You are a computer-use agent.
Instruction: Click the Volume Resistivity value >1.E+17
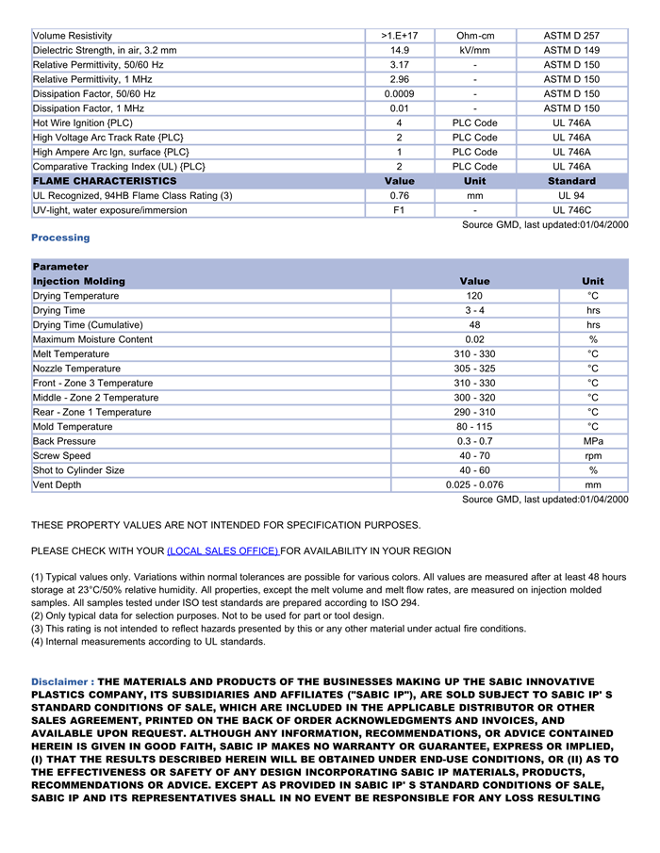(399, 36)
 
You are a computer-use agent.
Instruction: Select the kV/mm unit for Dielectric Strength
(474, 50)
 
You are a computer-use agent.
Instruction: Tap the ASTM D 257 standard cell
(570, 36)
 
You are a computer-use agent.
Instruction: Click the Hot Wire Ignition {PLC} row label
(83, 123)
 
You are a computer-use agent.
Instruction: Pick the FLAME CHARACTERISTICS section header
(104, 181)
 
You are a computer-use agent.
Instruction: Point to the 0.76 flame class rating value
(399, 196)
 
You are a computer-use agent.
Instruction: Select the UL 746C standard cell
(570, 210)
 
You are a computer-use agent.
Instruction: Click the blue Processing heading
(60, 238)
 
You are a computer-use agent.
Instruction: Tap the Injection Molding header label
(78, 282)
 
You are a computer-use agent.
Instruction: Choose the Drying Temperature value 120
(474, 296)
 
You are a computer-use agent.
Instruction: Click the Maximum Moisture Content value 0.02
(474, 339)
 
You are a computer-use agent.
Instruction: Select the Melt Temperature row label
(71, 354)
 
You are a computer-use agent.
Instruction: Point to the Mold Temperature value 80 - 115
(474, 427)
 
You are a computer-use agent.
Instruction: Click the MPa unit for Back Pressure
(593, 441)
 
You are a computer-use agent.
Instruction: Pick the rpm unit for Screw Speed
(593, 456)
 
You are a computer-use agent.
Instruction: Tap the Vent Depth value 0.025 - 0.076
(474, 485)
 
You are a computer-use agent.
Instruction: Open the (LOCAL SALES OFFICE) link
(223, 551)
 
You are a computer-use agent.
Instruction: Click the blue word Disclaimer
(61, 681)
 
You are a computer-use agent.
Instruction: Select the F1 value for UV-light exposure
(399, 210)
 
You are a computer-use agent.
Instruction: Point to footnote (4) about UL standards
(148, 642)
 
